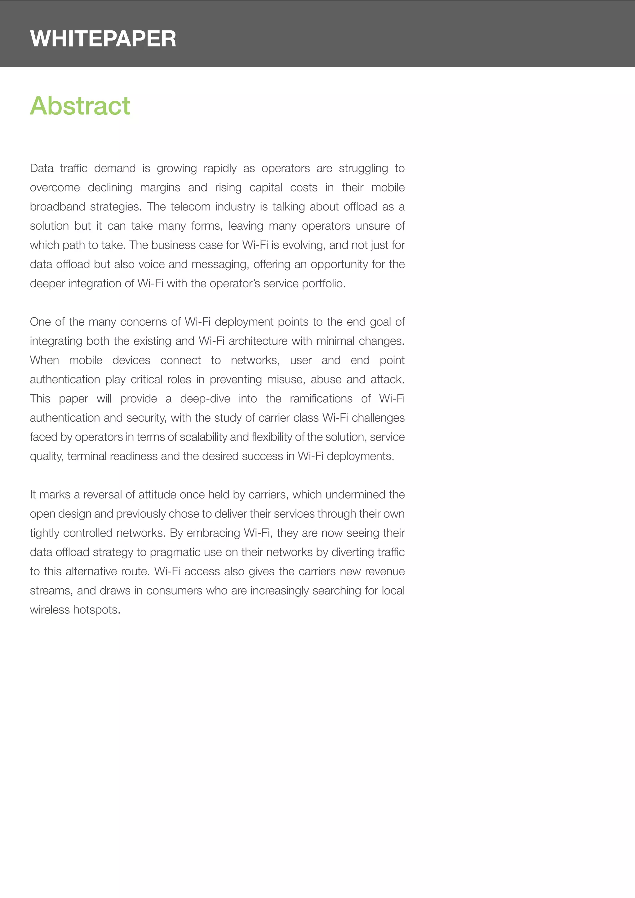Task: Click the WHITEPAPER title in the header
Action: click(x=103, y=39)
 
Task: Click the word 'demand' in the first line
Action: click(x=115, y=168)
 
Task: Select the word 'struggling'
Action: click(x=363, y=168)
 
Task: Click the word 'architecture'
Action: click(x=258, y=341)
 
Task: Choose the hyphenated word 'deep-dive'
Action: click(x=205, y=399)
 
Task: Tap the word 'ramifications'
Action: click(x=321, y=399)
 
